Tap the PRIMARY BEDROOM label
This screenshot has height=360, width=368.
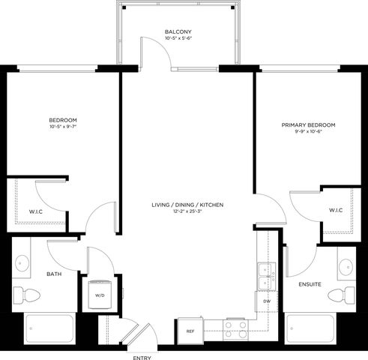pyautogui.click(x=308, y=124)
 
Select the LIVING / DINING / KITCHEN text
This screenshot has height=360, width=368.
pyautogui.click(x=187, y=204)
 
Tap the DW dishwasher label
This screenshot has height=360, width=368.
pyautogui.click(x=267, y=301)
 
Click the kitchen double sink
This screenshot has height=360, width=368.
pyautogui.click(x=265, y=276)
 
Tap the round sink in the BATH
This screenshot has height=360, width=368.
pyautogui.click(x=22, y=264)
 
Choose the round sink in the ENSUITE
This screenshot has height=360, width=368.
pyautogui.click(x=346, y=265)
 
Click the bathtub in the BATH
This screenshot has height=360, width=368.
pyautogui.click(x=50, y=328)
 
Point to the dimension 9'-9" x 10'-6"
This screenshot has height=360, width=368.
pyautogui.click(x=308, y=133)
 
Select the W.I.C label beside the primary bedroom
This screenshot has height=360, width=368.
pyautogui.click(x=336, y=210)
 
